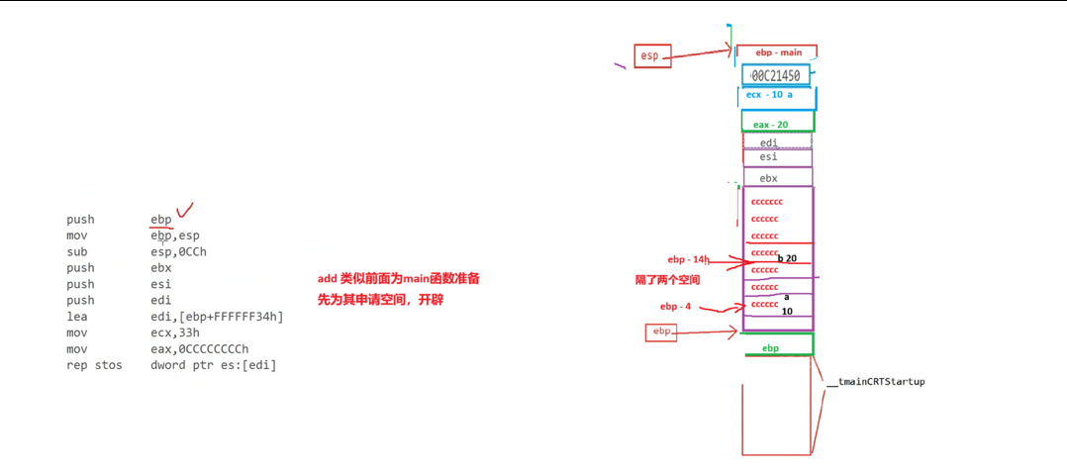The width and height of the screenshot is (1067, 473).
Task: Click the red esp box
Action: [650, 56]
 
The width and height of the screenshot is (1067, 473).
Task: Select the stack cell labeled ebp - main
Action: [778, 52]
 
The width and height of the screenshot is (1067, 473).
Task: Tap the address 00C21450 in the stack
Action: [776, 75]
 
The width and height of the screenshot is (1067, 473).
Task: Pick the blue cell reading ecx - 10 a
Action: [776, 95]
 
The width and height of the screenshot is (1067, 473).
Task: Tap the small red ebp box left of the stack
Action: [661, 332]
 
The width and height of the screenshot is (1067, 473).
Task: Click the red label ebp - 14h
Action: [688, 259]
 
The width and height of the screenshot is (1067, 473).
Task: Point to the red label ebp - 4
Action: [677, 307]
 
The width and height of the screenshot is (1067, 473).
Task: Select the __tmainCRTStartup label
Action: [881, 382]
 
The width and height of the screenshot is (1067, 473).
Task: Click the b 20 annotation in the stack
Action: [788, 258]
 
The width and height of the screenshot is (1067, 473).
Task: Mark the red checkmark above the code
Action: [183, 210]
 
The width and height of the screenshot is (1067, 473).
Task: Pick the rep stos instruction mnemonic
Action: [94, 365]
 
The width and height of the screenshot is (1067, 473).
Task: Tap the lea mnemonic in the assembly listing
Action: [76, 317]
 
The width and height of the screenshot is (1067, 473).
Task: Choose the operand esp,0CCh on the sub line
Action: [178, 251]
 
